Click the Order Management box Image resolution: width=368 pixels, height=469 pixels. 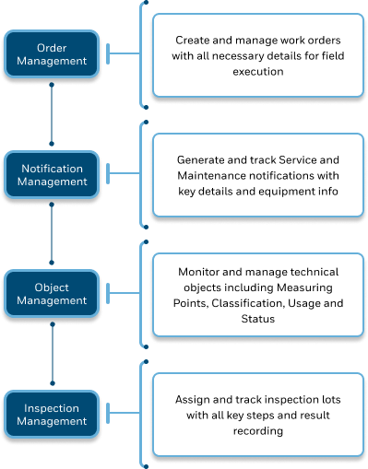(x=53, y=54)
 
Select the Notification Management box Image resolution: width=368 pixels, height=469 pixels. (x=53, y=175)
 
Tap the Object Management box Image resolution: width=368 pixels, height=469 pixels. (x=53, y=294)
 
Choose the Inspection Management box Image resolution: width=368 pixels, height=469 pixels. (x=53, y=415)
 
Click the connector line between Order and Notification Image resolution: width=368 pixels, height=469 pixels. (x=53, y=114)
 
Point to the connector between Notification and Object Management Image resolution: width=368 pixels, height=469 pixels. (x=53, y=234)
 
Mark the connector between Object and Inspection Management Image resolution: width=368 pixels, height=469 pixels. (x=53, y=354)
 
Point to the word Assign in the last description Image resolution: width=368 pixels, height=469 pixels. (x=194, y=401)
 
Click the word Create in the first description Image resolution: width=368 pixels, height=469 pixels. (x=195, y=41)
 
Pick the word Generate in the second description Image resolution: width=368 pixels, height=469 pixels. (x=203, y=160)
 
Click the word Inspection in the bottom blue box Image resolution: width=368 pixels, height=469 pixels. (x=53, y=408)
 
